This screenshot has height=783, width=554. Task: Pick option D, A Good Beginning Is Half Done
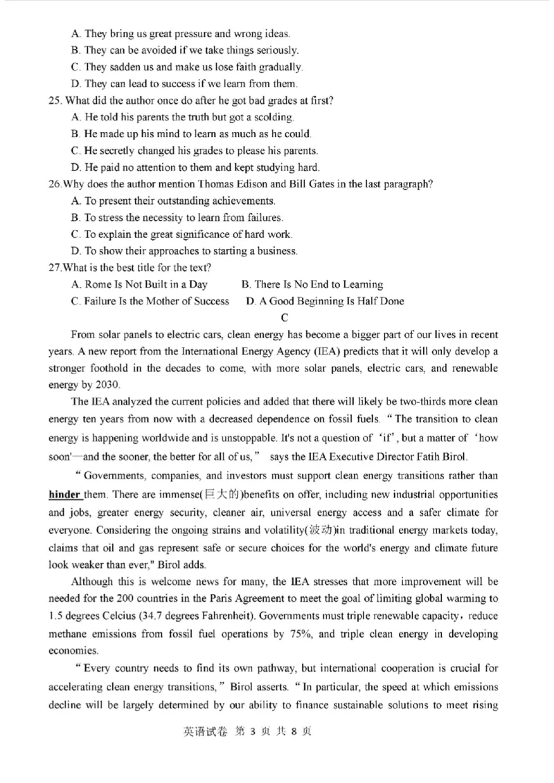coord(325,301)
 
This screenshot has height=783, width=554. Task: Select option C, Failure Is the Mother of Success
coord(150,301)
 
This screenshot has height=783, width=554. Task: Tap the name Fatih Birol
coord(444,456)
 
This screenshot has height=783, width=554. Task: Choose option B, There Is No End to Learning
coord(312,284)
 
